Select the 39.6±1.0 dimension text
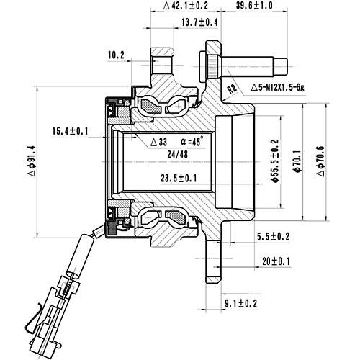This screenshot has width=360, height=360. (x=254, y=6)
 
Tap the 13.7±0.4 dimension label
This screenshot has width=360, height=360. (x=180, y=23)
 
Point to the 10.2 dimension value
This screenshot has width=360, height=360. (x=116, y=54)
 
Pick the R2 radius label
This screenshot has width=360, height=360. (x=232, y=89)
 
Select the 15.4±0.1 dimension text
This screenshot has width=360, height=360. (x=71, y=131)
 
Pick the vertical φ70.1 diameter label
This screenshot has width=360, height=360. (x=295, y=160)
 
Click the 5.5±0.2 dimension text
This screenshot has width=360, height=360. (x=274, y=236)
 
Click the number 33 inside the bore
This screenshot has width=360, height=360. (x=163, y=141)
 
